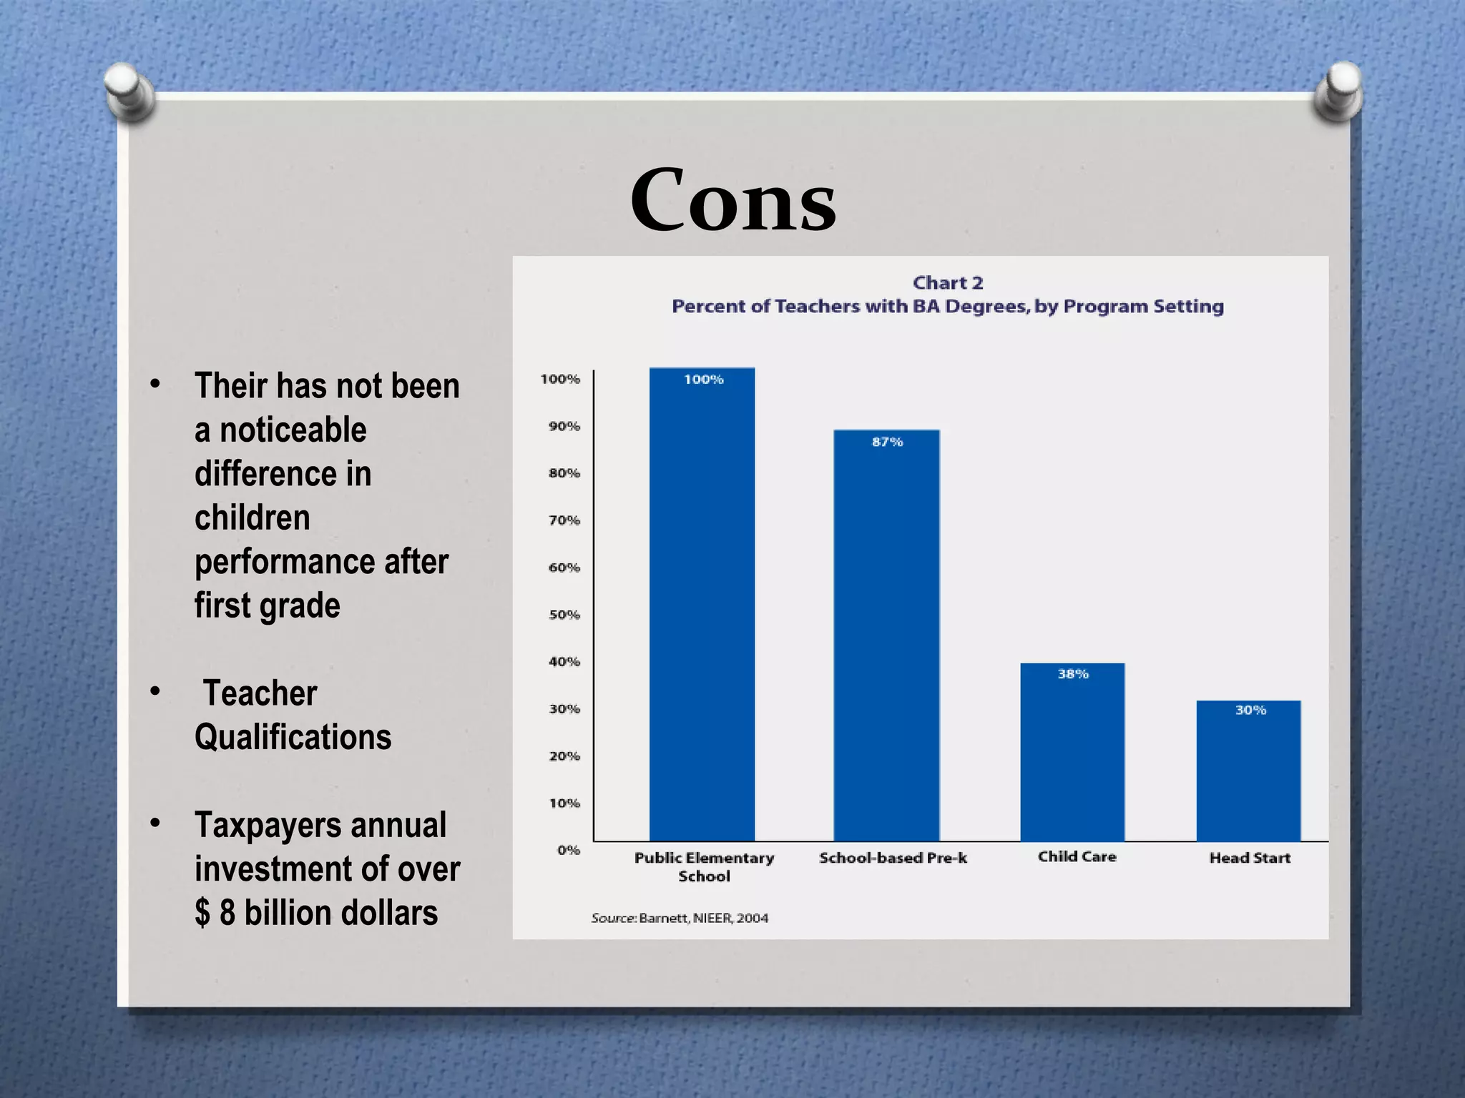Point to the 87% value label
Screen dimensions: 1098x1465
pyautogui.click(x=887, y=442)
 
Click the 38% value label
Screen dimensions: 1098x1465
pyautogui.click(x=1073, y=674)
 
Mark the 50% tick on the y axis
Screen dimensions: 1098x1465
pyautogui.click(x=564, y=615)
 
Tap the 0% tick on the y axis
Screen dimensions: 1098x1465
pyautogui.click(x=569, y=850)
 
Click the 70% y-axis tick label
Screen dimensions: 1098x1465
pyautogui.click(x=564, y=520)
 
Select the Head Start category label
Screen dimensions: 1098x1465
pyautogui.click(x=1250, y=858)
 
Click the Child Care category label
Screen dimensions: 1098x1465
pyautogui.click(x=1077, y=856)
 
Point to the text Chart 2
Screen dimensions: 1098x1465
pyautogui.click(x=948, y=283)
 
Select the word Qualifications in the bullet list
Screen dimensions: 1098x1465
pyautogui.click(x=293, y=737)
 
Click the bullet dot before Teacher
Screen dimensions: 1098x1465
pyautogui.click(x=155, y=691)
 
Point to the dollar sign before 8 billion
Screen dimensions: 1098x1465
pyautogui.click(x=203, y=914)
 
